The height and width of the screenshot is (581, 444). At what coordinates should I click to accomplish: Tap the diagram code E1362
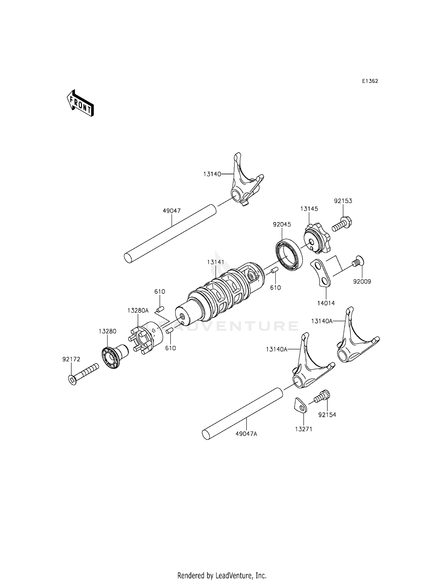tap(370, 81)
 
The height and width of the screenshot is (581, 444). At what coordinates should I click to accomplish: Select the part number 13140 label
tap(212, 174)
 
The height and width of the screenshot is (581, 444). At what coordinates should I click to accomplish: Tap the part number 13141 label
tap(215, 262)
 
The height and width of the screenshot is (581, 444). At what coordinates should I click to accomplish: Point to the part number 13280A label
tap(138, 311)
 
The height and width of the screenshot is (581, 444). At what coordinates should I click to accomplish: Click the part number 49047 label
tap(172, 211)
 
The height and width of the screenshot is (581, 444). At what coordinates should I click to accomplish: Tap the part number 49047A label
tap(246, 434)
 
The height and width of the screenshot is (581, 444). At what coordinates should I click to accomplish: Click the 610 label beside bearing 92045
tap(275, 288)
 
